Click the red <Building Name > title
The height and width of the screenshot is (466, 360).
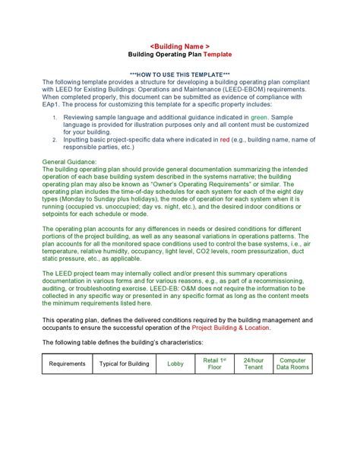click(179, 46)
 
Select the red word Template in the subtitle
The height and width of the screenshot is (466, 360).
click(216, 55)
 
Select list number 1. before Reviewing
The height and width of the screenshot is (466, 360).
click(55, 119)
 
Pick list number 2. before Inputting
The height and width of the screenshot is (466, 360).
click(55, 141)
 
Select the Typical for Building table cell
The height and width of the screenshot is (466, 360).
click(125, 364)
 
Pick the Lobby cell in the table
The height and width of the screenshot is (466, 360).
click(175, 364)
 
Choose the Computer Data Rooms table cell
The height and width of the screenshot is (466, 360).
click(292, 364)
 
